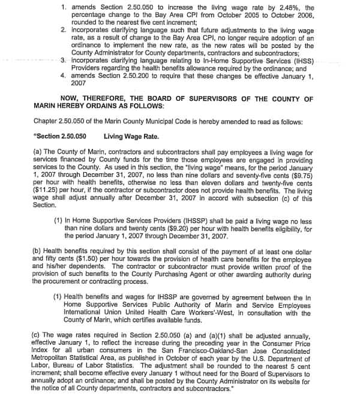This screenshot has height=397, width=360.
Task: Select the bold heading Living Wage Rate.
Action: [131, 136]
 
